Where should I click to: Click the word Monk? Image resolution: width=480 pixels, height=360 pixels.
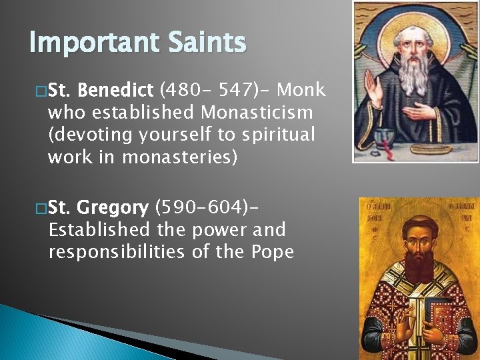pos(301,90)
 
